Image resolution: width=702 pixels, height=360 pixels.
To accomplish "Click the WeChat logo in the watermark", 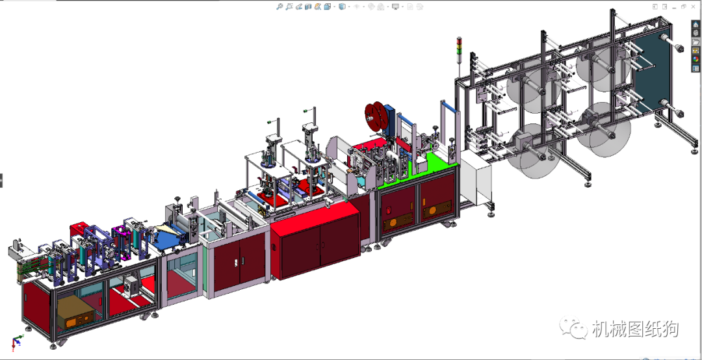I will [x=573, y=329].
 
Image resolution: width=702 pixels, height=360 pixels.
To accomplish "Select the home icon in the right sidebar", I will [x=695, y=24].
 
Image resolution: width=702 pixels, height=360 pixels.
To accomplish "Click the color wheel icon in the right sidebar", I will [x=695, y=60].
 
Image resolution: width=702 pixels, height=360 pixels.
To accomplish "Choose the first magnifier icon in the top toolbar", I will [x=279, y=6].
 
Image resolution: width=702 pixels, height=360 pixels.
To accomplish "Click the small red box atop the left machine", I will [x=79, y=228].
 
